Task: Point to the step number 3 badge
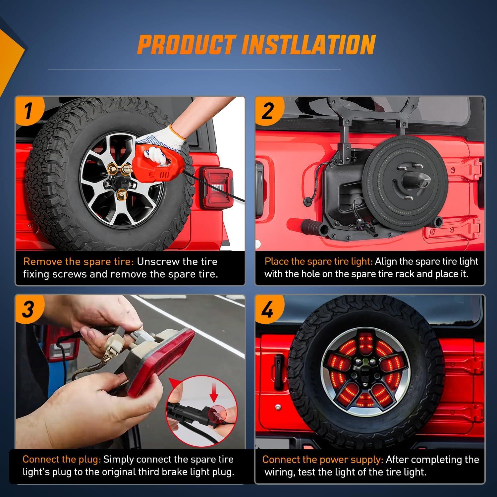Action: (29, 309)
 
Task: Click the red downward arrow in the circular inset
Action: (214, 395)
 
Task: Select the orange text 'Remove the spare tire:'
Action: (79, 261)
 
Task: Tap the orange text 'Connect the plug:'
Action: (62, 459)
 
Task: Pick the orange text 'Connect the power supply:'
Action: (323, 460)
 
